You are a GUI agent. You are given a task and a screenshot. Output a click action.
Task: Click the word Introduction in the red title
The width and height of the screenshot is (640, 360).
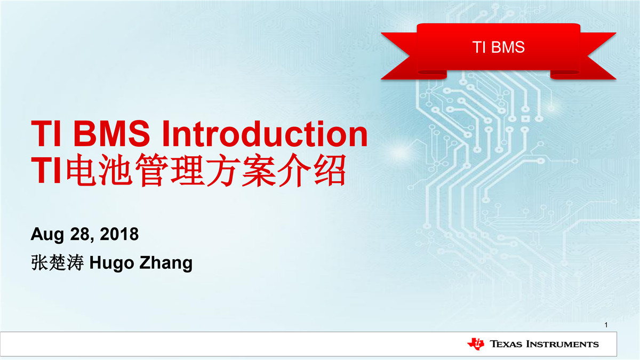coord(265,133)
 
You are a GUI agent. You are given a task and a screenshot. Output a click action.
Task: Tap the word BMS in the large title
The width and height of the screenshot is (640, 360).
coord(111,133)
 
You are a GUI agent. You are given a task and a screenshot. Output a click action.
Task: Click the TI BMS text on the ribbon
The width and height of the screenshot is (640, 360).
coord(498,47)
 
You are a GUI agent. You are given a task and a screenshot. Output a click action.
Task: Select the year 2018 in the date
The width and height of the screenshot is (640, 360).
coord(119,234)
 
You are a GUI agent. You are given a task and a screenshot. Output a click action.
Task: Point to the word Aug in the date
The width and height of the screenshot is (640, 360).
coord(47,235)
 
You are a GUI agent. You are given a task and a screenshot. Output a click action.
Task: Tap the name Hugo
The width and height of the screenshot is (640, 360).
coord(111,263)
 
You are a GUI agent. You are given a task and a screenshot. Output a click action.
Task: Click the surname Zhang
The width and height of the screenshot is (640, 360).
coord(166,263)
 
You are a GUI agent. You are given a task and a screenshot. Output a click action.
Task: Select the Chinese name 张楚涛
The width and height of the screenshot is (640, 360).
coord(58,262)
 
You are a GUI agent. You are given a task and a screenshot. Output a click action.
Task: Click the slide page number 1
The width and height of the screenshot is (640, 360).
coord(606,325)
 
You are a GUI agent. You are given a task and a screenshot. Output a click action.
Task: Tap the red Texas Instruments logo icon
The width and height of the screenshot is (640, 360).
coord(476,343)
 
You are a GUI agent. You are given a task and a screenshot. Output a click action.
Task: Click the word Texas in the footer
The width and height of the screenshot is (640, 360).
coord(506,344)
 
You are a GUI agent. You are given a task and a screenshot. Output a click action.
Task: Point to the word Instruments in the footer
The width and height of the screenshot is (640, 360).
coord(562,344)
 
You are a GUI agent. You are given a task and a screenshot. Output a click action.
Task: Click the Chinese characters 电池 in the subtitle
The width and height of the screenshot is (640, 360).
coord(99,170)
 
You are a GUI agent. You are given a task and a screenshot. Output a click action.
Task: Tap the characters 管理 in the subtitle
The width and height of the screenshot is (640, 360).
coord(170,170)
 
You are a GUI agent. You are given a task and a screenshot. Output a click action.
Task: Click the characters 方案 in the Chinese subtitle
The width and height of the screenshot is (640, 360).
coord(242,170)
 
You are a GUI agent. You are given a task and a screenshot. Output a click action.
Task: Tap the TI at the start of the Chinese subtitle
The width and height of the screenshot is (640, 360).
coord(46,170)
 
